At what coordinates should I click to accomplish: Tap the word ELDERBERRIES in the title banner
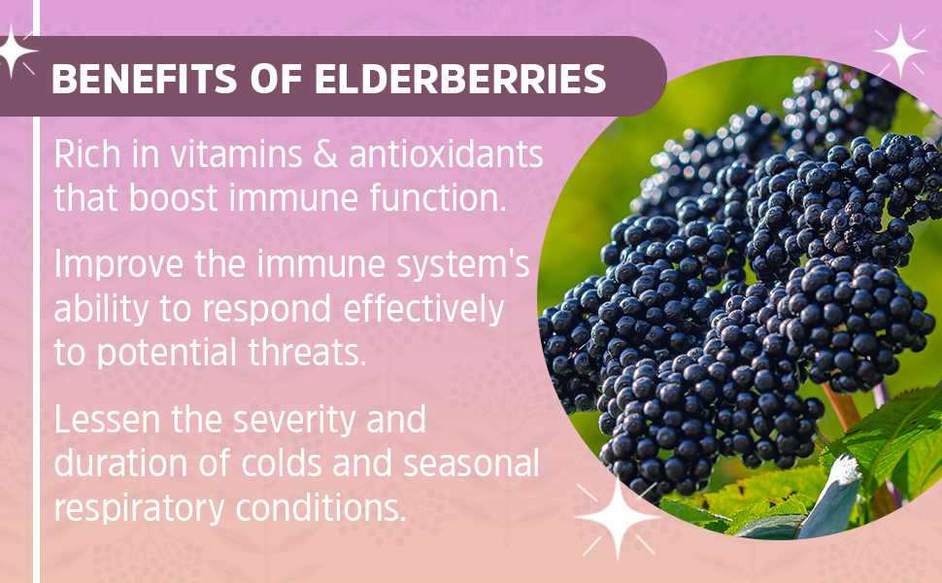pyautogui.click(x=460, y=79)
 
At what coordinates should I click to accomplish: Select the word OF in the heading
pyautogui.click(x=276, y=79)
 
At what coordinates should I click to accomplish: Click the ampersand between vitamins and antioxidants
pyautogui.click(x=325, y=154)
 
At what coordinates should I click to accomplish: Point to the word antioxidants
pyautogui.click(x=446, y=154)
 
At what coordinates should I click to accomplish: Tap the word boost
pyautogui.click(x=173, y=198)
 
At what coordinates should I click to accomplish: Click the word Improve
pyautogui.click(x=118, y=265)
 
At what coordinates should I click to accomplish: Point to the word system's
pyautogui.click(x=462, y=265)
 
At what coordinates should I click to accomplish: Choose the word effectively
pyautogui.click(x=423, y=309)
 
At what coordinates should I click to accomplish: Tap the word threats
pyautogui.click(x=307, y=353)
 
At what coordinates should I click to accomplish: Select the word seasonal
pyautogui.click(x=471, y=464)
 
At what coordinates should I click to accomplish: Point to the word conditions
pyautogui.click(x=320, y=508)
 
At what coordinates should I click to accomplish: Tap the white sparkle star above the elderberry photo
pyautogui.click(x=900, y=51)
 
